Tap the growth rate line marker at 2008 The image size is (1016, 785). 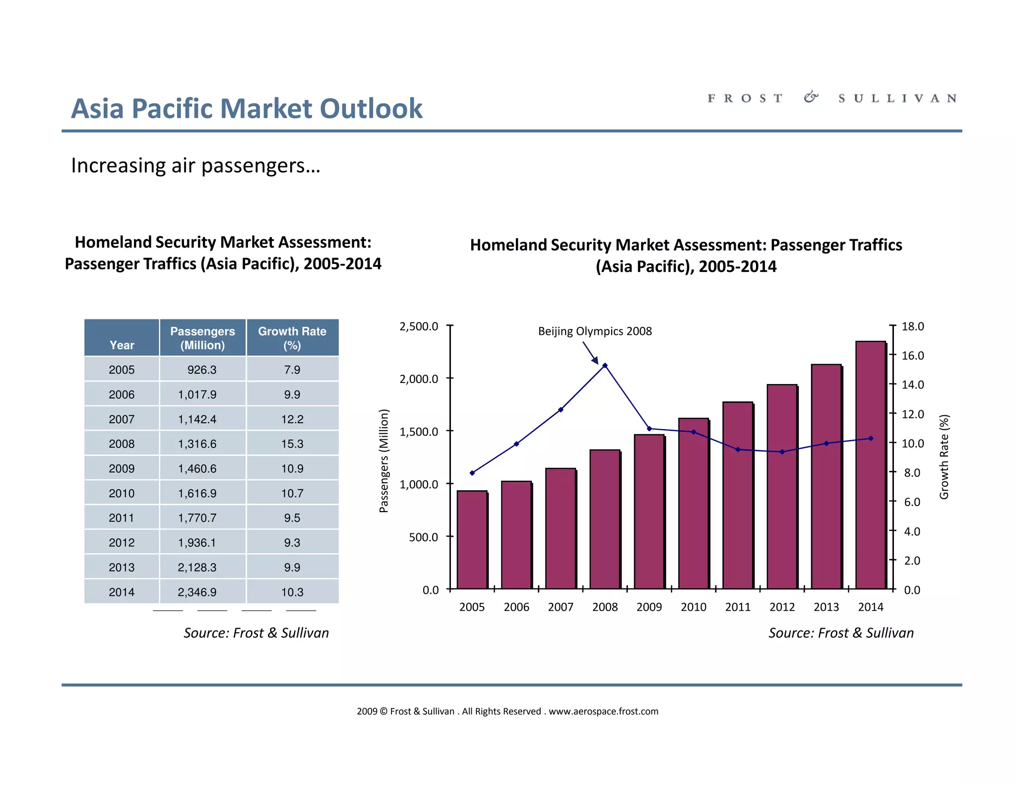click(605, 366)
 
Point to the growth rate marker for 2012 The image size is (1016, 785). click(782, 452)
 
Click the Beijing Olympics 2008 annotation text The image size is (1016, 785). click(595, 331)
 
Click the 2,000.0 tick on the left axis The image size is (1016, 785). click(419, 379)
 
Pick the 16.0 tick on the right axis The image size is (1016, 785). click(912, 355)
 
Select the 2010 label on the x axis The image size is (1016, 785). click(694, 607)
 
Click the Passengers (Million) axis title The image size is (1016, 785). click(383, 460)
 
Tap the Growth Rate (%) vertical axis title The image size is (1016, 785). click(944, 457)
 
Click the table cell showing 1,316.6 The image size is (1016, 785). click(197, 444)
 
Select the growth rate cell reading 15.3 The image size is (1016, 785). click(292, 444)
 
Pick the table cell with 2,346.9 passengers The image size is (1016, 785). click(197, 592)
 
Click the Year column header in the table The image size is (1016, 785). click(122, 345)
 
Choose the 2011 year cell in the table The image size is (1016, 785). click(122, 518)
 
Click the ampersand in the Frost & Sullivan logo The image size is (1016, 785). click(811, 97)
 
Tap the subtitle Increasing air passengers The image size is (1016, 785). click(195, 166)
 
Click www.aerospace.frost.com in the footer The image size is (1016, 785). click(603, 711)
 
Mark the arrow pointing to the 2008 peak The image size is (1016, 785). click(591, 353)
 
